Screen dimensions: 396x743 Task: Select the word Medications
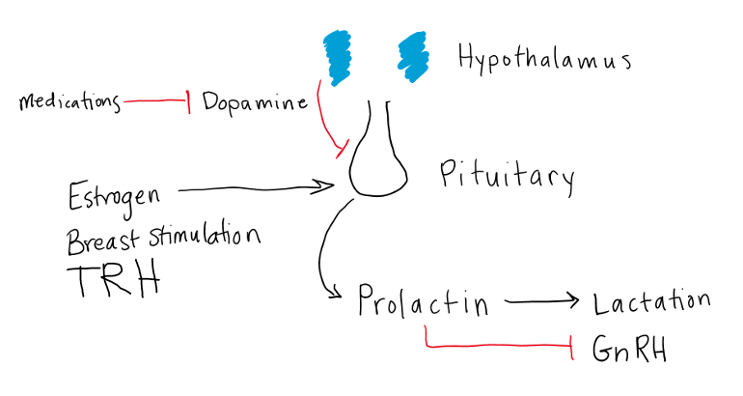click(70, 101)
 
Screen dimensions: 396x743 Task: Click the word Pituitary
click(507, 176)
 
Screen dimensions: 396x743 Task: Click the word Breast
click(102, 236)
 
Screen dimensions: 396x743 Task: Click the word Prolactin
click(422, 302)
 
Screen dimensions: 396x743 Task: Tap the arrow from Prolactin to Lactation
click(542, 301)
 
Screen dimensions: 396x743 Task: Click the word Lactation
click(651, 301)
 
